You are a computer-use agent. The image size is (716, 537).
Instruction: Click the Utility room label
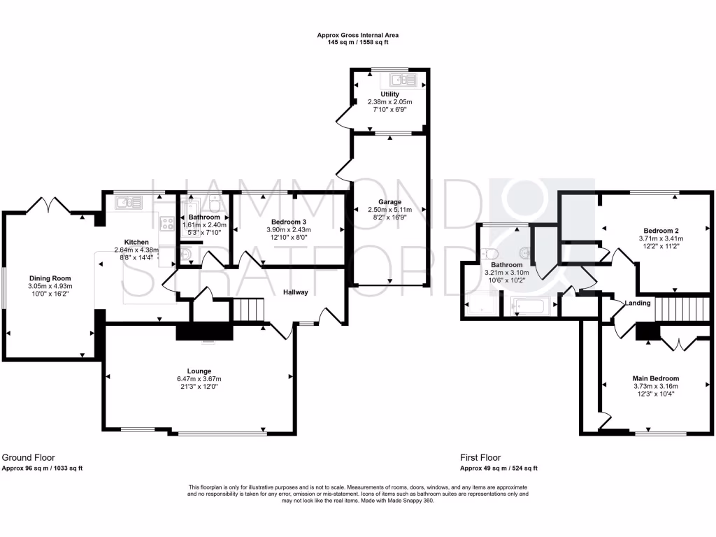pos(389,94)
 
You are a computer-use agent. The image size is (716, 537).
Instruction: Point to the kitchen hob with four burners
pos(167,224)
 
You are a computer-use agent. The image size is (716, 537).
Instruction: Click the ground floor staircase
pos(246,308)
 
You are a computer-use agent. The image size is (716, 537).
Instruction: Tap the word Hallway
pos(295,292)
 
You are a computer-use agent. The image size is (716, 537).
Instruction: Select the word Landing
pos(638,303)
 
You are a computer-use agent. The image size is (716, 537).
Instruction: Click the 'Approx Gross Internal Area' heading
pos(357,35)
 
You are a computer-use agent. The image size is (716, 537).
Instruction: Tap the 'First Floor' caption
pos(480,458)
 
